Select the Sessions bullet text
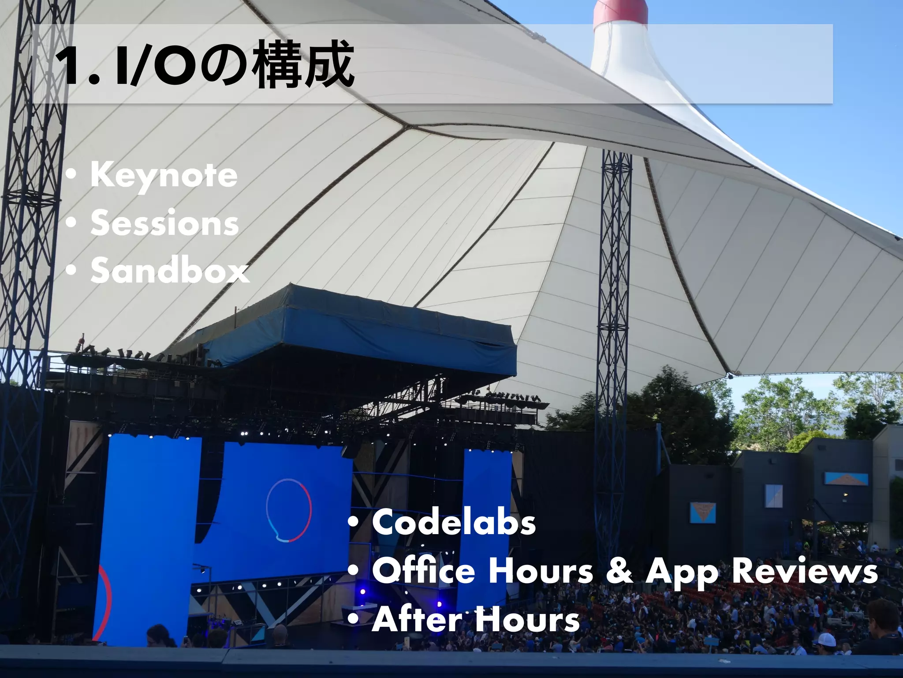tap(164, 224)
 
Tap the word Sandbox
tap(170, 271)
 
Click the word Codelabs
tap(454, 523)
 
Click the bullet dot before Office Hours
tap(353, 572)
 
